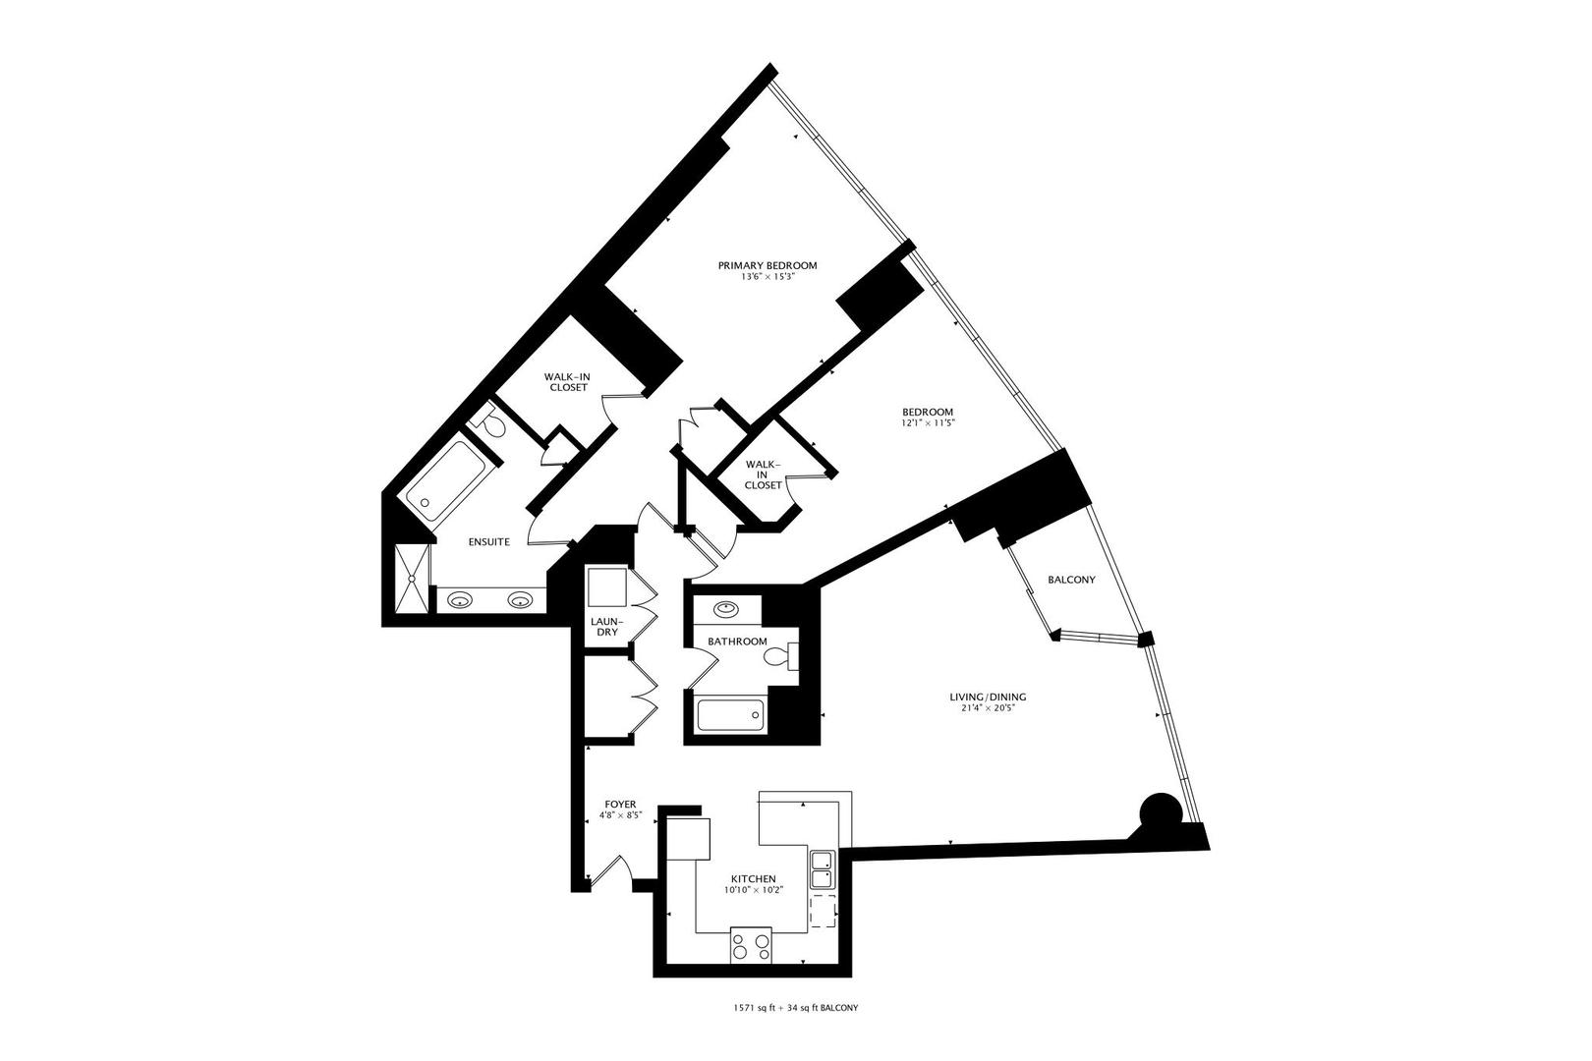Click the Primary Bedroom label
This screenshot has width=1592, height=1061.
768,265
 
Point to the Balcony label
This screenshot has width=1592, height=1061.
1071,580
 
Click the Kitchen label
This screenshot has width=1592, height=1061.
754,879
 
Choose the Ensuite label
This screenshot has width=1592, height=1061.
488,541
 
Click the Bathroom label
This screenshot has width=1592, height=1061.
737,642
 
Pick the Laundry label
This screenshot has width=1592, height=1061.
604,626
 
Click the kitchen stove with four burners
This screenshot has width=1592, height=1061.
752,947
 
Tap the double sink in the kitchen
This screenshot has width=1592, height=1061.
822,868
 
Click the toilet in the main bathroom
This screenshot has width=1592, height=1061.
782,655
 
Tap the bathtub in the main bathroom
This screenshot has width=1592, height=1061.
730,714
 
